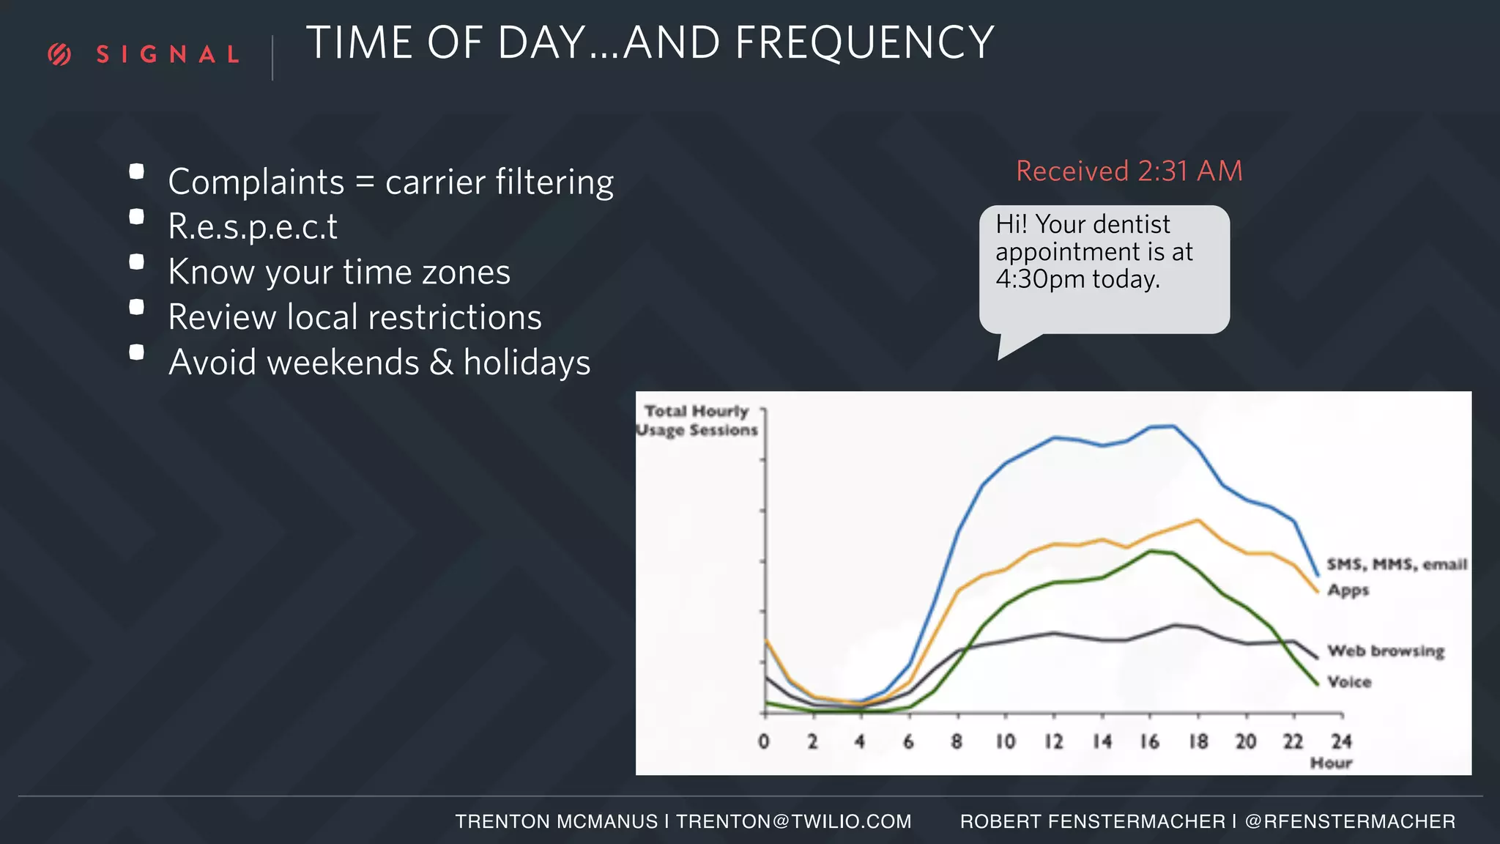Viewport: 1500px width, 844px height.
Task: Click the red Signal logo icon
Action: point(59,54)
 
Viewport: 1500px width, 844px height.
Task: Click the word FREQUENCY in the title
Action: point(864,42)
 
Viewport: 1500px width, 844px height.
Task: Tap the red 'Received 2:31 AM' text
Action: point(1129,171)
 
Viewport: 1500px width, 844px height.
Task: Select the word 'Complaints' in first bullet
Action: point(256,182)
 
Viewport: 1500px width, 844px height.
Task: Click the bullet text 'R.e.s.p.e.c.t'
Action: point(253,226)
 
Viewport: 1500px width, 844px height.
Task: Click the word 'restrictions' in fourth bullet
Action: point(454,317)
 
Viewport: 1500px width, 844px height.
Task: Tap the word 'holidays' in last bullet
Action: point(527,363)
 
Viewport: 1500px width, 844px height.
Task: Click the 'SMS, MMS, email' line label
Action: point(1396,564)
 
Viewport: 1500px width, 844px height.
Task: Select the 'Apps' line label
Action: point(1348,590)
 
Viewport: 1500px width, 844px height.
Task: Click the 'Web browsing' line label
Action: point(1385,651)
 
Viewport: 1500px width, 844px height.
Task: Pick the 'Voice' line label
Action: point(1348,682)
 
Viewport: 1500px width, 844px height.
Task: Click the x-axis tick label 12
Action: point(1053,741)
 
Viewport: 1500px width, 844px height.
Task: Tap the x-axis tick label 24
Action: point(1341,741)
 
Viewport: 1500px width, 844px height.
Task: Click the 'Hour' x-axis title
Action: point(1330,763)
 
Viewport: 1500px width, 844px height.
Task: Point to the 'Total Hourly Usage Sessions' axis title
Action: point(696,421)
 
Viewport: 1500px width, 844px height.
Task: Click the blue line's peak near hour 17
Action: point(1173,426)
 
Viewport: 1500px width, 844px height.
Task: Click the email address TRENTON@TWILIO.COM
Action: point(793,821)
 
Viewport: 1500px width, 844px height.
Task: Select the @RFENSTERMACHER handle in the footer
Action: point(1350,821)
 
